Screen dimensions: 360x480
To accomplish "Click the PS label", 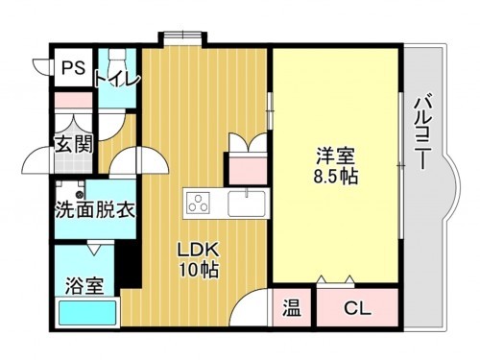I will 72,68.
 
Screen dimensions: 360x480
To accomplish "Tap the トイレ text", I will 116,78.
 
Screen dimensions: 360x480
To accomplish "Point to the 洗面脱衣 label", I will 93,208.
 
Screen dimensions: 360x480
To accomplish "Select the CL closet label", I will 356,309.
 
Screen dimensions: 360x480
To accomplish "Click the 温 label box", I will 291,309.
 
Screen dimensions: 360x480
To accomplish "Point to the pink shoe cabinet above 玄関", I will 71,98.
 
